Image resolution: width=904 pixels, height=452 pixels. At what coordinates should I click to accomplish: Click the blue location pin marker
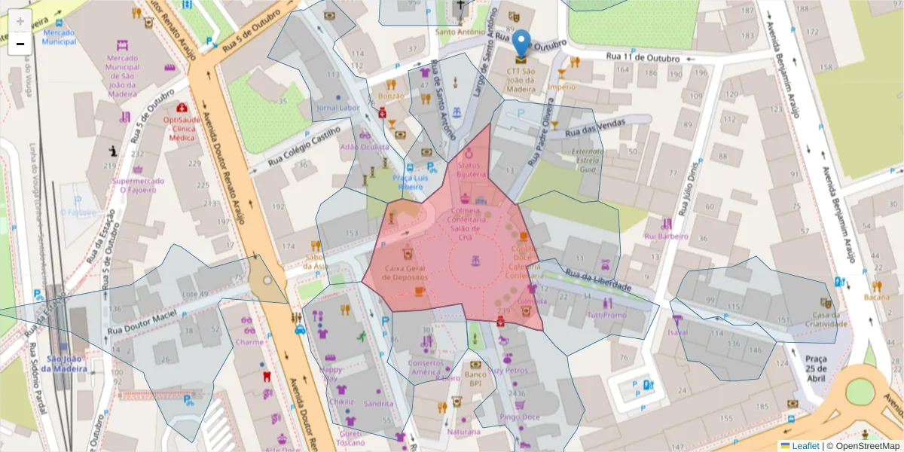(x=521, y=42)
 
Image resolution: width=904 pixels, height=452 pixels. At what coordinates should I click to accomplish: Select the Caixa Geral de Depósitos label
(x=407, y=272)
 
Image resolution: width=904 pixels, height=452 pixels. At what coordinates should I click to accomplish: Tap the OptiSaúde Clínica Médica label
(x=181, y=129)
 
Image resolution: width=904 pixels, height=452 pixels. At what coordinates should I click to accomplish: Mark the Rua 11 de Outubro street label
(x=643, y=58)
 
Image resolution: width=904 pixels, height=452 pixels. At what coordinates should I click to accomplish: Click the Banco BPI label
(x=475, y=379)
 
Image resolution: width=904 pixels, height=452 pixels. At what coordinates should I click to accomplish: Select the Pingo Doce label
(x=520, y=417)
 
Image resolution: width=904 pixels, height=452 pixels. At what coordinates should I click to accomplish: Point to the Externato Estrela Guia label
(x=588, y=160)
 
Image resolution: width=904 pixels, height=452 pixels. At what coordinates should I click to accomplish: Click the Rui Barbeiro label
(x=666, y=236)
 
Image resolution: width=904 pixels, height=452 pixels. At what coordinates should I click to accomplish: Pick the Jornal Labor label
(x=338, y=108)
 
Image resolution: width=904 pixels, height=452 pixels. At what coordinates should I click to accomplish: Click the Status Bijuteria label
(x=472, y=169)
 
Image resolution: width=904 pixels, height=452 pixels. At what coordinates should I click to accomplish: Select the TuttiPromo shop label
(x=606, y=315)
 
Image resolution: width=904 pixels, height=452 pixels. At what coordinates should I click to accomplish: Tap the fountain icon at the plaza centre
(x=475, y=261)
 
